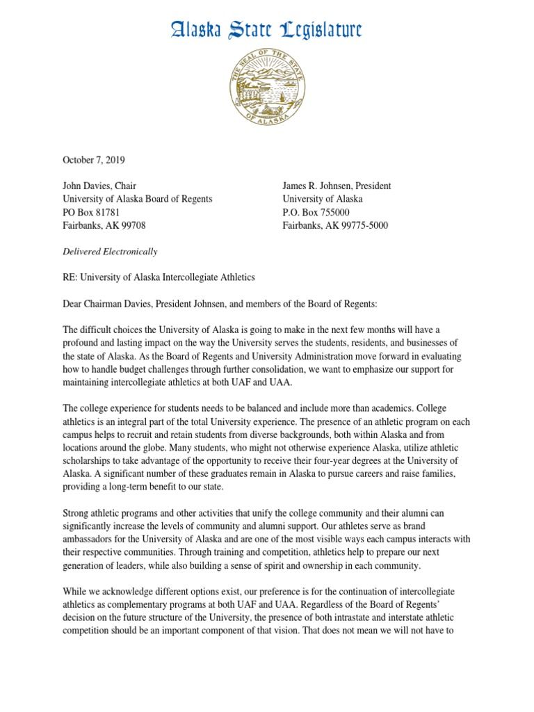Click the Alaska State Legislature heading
click(x=267, y=30)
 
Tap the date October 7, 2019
click(x=95, y=159)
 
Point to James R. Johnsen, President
click(x=336, y=186)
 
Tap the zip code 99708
click(x=132, y=225)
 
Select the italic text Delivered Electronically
click(x=110, y=251)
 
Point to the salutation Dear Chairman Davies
click(x=118, y=304)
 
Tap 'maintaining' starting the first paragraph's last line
click(x=87, y=382)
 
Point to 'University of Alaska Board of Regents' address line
click(x=138, y=199)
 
